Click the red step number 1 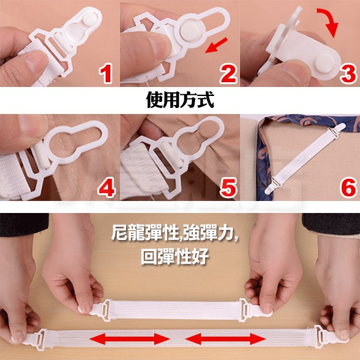tap(106, 73)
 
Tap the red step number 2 tap(228, 73)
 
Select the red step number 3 tap(348, 73)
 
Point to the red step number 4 tap(107, 188)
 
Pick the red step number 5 tap(228, 188)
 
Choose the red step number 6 tap(349, 188)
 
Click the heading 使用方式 tap(180, 100)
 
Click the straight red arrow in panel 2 tap(216, 45)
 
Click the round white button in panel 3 tap(325, 62)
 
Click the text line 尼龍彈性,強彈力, tap(175, 232)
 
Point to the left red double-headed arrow tap(130, 338)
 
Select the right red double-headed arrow tap(226, 338)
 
